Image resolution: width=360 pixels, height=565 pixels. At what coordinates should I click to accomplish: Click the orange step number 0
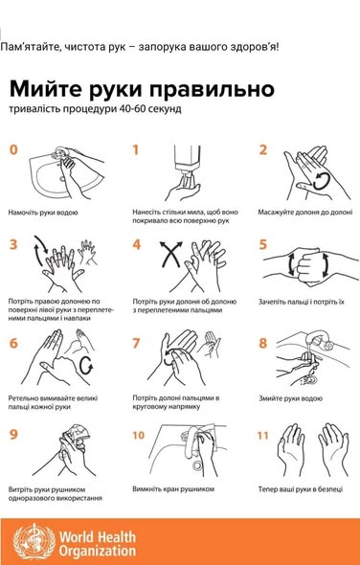click(13, 149)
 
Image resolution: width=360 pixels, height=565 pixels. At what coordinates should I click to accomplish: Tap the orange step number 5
click(263, 245)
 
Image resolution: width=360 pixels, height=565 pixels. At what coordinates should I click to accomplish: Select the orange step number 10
click(139, 436)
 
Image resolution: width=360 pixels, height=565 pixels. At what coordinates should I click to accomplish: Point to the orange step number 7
click(136, 343)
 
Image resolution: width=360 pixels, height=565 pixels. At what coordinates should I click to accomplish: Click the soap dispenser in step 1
click(188, 162)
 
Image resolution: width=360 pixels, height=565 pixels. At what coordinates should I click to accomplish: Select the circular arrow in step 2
click(321, 181)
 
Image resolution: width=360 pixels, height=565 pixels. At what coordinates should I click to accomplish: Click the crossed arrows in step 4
click(170, 254)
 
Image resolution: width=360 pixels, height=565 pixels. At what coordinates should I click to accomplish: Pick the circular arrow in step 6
click(86, 366)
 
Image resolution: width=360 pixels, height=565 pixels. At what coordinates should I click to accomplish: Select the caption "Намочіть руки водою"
click(43, 213)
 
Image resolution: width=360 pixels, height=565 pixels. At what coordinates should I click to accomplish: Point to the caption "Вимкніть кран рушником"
click(173, 489)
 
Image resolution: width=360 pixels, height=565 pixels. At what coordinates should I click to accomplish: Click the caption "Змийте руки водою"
click(290, 398)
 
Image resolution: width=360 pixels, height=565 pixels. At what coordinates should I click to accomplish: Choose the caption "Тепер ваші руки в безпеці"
click(301, 489)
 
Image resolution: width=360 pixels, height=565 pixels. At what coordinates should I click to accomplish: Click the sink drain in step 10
click(197, 465)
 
